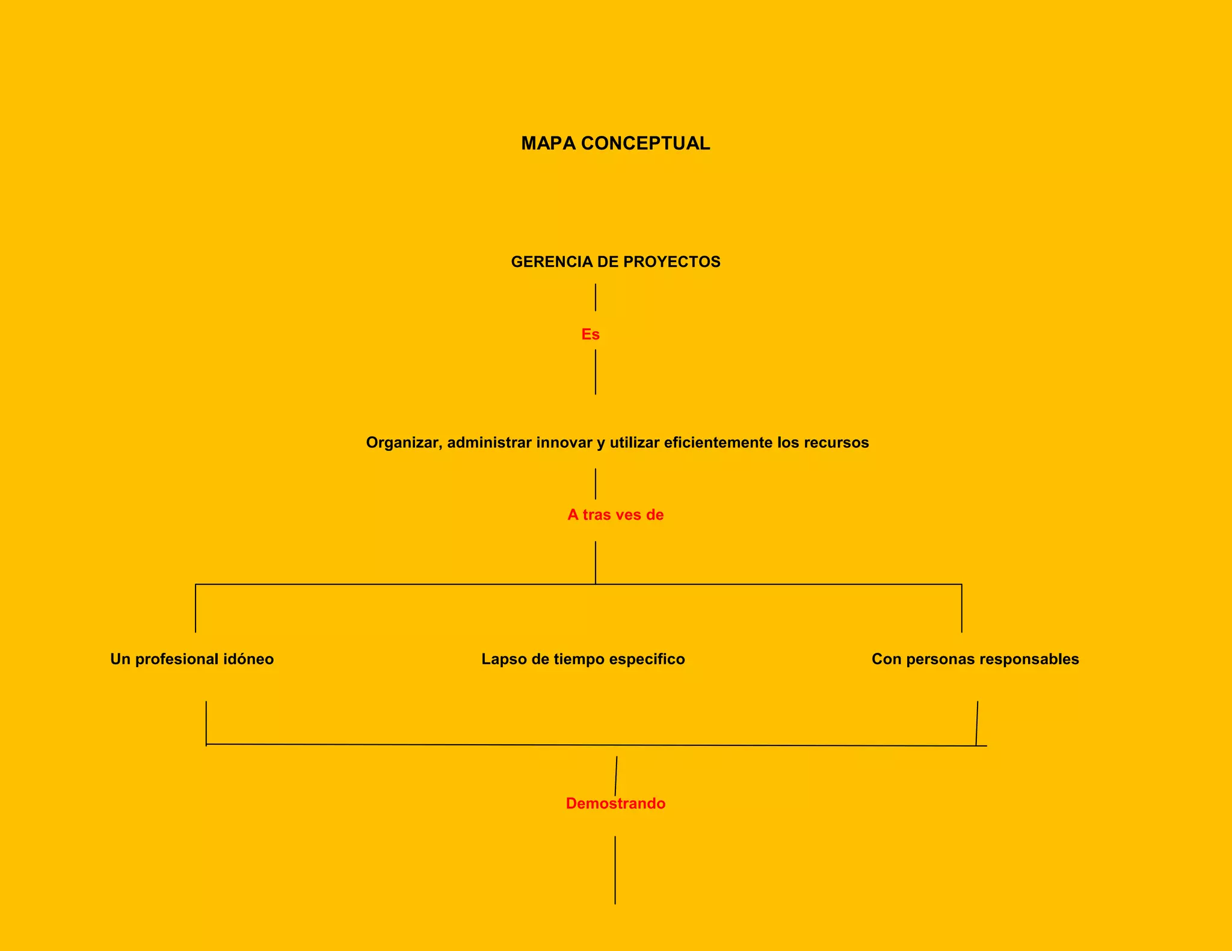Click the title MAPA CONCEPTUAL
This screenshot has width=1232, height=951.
click(x=615, y=143)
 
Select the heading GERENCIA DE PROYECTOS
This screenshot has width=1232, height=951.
click(x=615, y=262)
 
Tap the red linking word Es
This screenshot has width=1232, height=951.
click(x=590, y=334)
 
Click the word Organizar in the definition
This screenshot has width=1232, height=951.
click(x=404, y=443)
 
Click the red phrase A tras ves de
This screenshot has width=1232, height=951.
click(x=615, y=515)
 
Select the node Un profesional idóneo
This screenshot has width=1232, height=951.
click(x=192, y=659)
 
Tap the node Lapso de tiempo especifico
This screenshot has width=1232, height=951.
click(x=583, y=659)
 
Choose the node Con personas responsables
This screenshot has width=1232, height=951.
click(x=975, y=659)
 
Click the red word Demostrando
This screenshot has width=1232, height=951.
click(x=615, y=804)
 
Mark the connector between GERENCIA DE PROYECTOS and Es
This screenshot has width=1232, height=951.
click(x=596, y=298)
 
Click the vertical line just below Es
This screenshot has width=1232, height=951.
click(x=596, y=372)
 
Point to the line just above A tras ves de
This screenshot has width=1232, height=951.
click(x=596, y=484)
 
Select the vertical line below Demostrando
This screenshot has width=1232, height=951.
click(x=615, y=870)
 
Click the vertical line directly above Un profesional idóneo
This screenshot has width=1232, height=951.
click(x=196, y=608)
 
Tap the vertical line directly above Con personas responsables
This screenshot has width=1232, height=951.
click(x=961, y=608)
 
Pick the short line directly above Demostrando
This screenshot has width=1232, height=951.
click(x=616, y=775)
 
